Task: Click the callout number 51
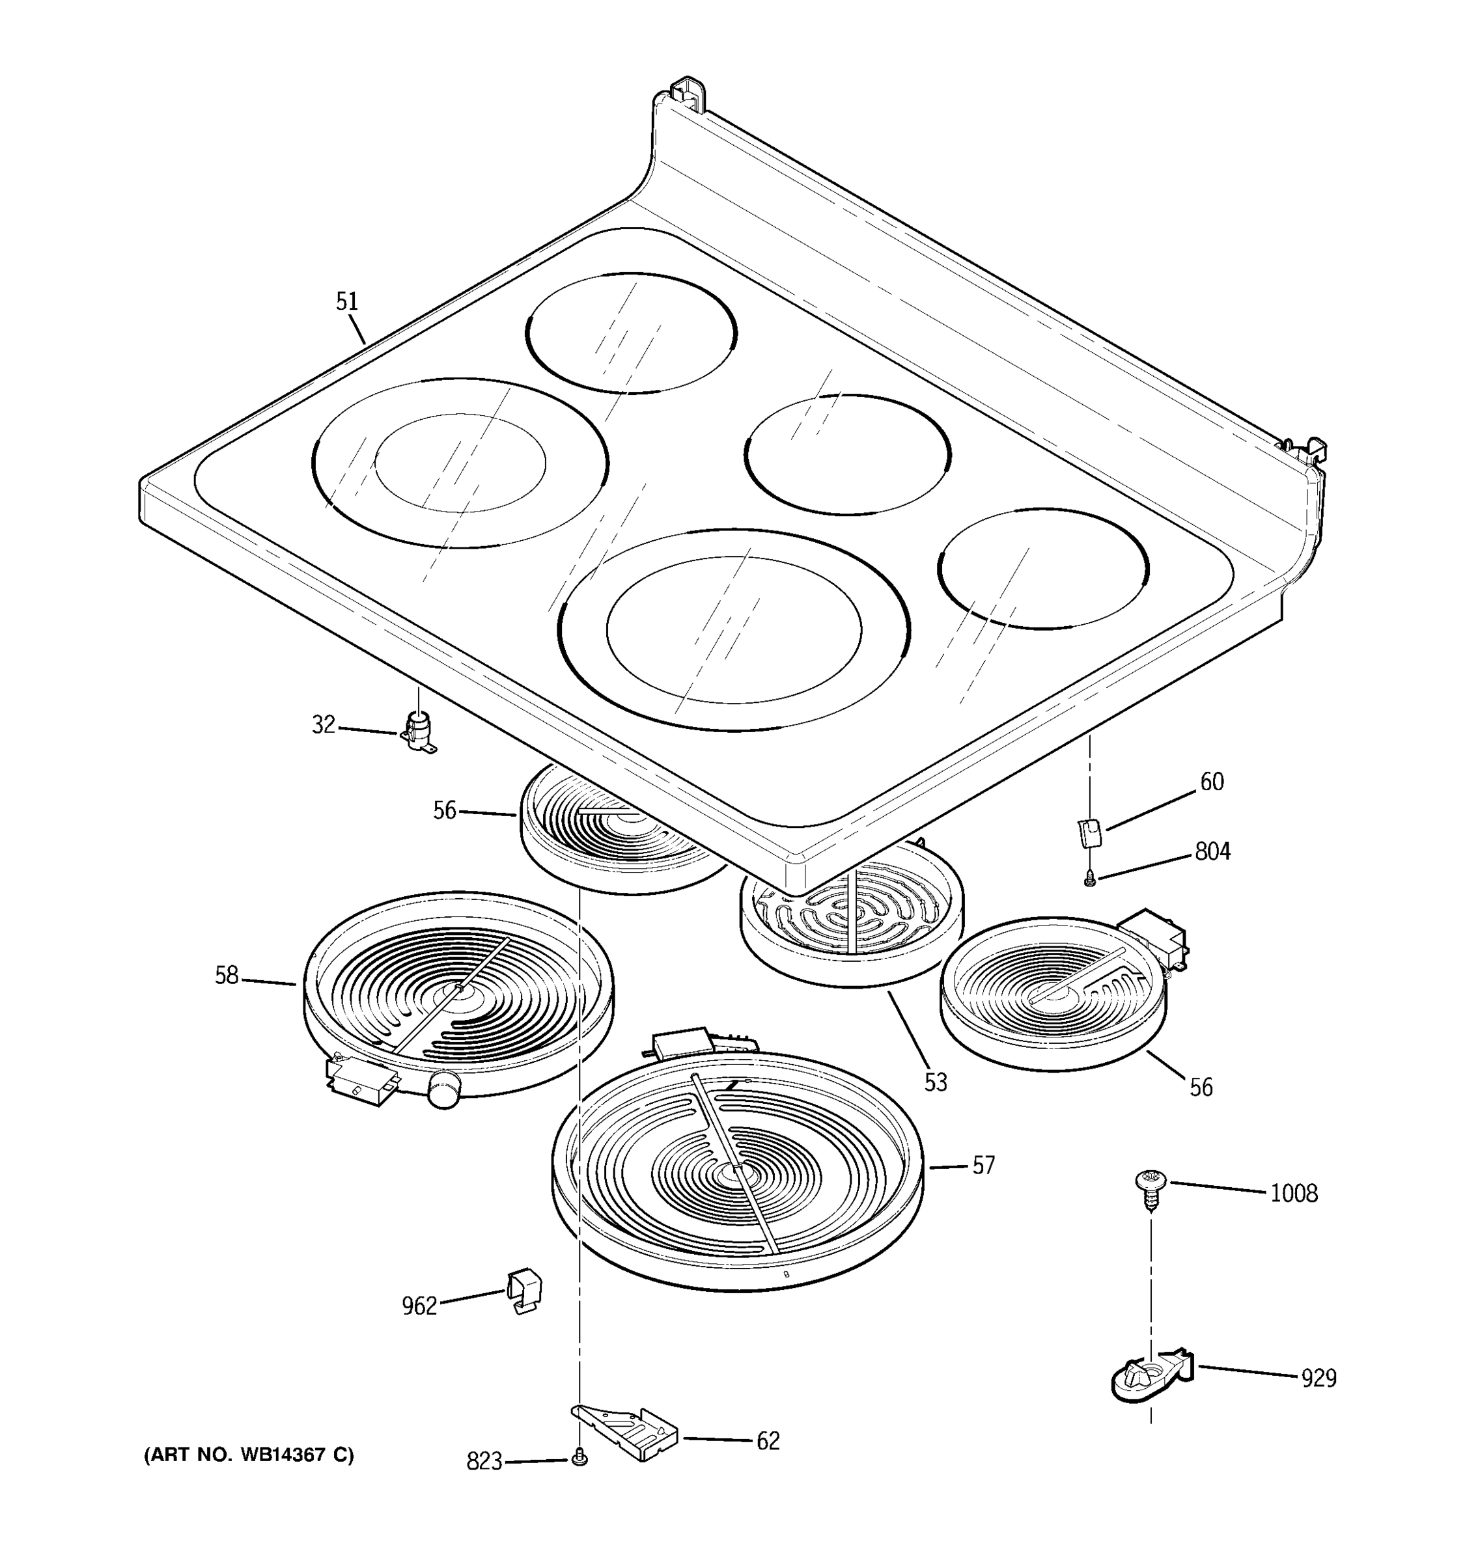coord(346,302)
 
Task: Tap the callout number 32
coord(323,725)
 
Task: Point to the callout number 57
coord(983,1165)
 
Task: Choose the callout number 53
coord(935,1083)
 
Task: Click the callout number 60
coord(1211,782)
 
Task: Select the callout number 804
coord(1212,852)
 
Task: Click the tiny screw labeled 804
coord(1089,879)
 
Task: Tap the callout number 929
coord(1318,1378)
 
